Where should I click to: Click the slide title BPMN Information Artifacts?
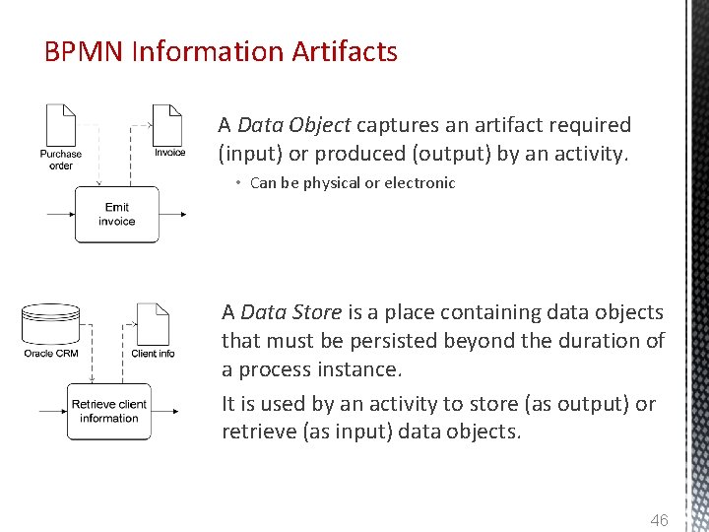[221, 51]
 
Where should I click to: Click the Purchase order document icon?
[61, 124]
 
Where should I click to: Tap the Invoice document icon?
[168, 124]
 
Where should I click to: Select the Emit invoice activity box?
[116, 214]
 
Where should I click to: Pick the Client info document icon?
[153, 322]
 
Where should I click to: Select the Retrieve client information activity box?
[109, 412]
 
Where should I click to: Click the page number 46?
[659, 519]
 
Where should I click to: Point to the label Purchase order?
[61, 160]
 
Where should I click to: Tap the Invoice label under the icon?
[169, 153]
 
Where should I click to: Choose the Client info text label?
[153, 354]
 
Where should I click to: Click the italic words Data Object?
[293, 125]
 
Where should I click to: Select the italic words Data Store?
[291, 312]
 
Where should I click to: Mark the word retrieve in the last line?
[257, 431]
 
